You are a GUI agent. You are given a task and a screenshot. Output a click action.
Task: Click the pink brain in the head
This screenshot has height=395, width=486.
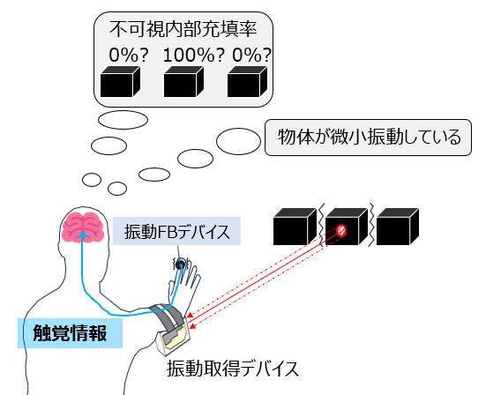tap(83, 227)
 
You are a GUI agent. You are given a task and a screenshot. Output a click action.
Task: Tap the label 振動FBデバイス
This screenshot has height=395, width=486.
tap(176, 231)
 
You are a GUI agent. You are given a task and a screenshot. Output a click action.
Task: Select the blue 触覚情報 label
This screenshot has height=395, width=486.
tap(70, 333)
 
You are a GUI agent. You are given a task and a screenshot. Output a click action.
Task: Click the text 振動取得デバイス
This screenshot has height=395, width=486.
tap(233, 369)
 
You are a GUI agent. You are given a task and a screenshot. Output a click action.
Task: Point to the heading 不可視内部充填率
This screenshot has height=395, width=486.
tap(183, 29)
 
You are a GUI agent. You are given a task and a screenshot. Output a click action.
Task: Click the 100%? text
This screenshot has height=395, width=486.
tap(193, 55)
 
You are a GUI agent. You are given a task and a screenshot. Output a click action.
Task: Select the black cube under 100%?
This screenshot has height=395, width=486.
tap(183, 81)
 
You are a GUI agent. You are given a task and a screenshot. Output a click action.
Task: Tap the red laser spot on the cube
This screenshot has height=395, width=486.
tap(341, 230)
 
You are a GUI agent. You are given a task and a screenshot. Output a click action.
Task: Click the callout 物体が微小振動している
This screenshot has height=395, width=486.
tap(368, 138)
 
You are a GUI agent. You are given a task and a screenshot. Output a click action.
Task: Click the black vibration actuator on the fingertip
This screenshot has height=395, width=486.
tap(180, 265)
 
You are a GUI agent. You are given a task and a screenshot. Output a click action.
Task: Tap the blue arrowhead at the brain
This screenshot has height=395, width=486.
tap(83, 235)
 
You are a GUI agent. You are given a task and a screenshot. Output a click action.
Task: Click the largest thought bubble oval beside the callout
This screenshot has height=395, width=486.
tap(238, 141)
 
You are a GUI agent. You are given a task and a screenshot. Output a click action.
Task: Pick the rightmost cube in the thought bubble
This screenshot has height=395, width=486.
tap(247, 81)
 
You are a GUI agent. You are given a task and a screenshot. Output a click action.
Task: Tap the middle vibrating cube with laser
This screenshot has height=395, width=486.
tap(347, 227)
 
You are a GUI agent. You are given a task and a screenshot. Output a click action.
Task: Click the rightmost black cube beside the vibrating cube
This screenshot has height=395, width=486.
tap(398, 227)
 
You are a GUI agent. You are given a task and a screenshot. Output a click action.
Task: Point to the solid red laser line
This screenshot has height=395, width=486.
tap(263, 275)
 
